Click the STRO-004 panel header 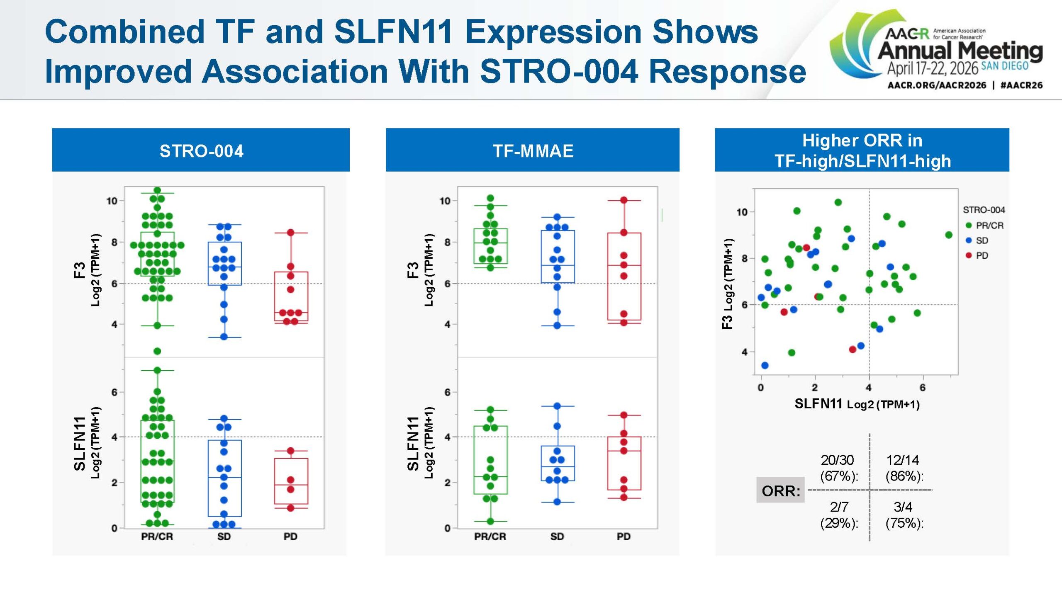coord(201,150)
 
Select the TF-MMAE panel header coord(533,150)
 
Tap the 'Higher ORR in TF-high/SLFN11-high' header coord(862,150)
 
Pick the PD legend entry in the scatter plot coord(982,255)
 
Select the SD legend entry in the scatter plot coord(982,240)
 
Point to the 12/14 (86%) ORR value coord(904,468)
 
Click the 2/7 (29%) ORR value coord(839,514)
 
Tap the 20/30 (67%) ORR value coord(838,468)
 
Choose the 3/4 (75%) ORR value coord(904,514)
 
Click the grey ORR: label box coord(780,490)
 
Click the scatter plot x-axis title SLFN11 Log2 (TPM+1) coord(857,404)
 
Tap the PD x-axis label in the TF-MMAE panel coord(624,536)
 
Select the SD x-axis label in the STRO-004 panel coord(224,536)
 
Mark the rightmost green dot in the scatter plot coord(949,235)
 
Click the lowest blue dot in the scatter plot coord(765,365)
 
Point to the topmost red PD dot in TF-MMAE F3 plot coord(624,200)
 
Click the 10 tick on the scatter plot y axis coord(742,212)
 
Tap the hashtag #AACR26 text coord(1021,85)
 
